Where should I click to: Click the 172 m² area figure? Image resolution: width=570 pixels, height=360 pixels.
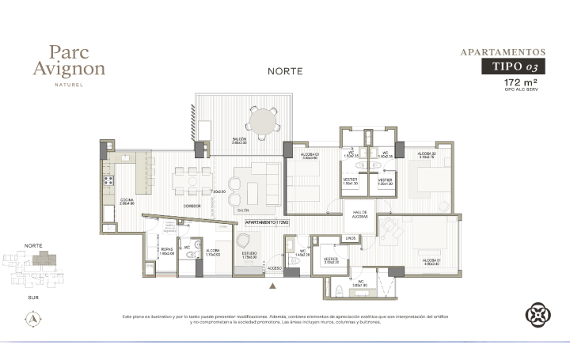pyautogui.click(x=521, y=82)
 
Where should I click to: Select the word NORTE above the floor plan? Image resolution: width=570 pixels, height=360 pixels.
pyautogui.click(x=286, y=71)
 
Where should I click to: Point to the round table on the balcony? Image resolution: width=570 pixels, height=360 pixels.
pyautogui.click(x=262, y=123)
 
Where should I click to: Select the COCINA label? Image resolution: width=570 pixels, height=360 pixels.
pyautogui.click(x=127, y=200)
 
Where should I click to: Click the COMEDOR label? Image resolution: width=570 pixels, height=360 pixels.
pyautogui.click(x=192, y=206)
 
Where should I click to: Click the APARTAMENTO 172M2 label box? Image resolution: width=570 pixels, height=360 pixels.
pyautogui.click(x=267, y=224)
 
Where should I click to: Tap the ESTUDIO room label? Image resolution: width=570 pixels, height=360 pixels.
pyautogui.click(x=250, y=255)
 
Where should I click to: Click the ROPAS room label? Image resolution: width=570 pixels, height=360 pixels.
pyautogui.click(x=166, y=252)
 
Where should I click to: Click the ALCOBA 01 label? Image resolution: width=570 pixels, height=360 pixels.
pyautogui.click(x=431, y=261)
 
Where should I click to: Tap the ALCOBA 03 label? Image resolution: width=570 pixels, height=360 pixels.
pyautogui.click(x=310, y=156)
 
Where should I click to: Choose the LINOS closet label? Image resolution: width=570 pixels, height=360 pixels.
pyautogui.click(x=351, y=238)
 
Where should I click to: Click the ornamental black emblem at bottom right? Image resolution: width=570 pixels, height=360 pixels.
pyautogui.click(x=538, y=316)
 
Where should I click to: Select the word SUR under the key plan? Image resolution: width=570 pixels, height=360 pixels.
pyautogui.click(x=33, y=297)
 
